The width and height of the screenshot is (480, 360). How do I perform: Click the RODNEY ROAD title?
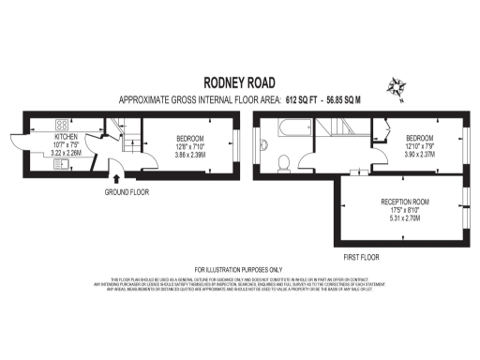click(240, 82)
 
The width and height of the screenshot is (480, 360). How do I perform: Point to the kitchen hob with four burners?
click(62, 125)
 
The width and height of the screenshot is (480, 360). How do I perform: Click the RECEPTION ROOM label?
click(405, 203)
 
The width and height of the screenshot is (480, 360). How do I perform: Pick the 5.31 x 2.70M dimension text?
click(405, 218)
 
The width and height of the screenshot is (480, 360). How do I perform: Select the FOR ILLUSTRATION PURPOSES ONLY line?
click(240, 269)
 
